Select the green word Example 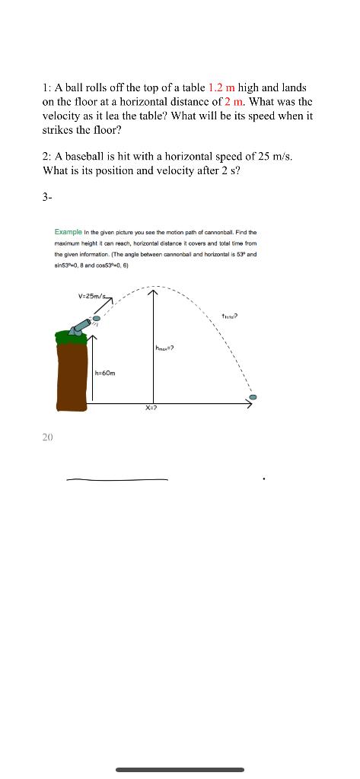pos(68,232)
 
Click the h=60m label pos(106,374)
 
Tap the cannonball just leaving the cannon pos(97,319)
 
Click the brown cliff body pos(72,373)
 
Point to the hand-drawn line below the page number pos(116,480)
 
